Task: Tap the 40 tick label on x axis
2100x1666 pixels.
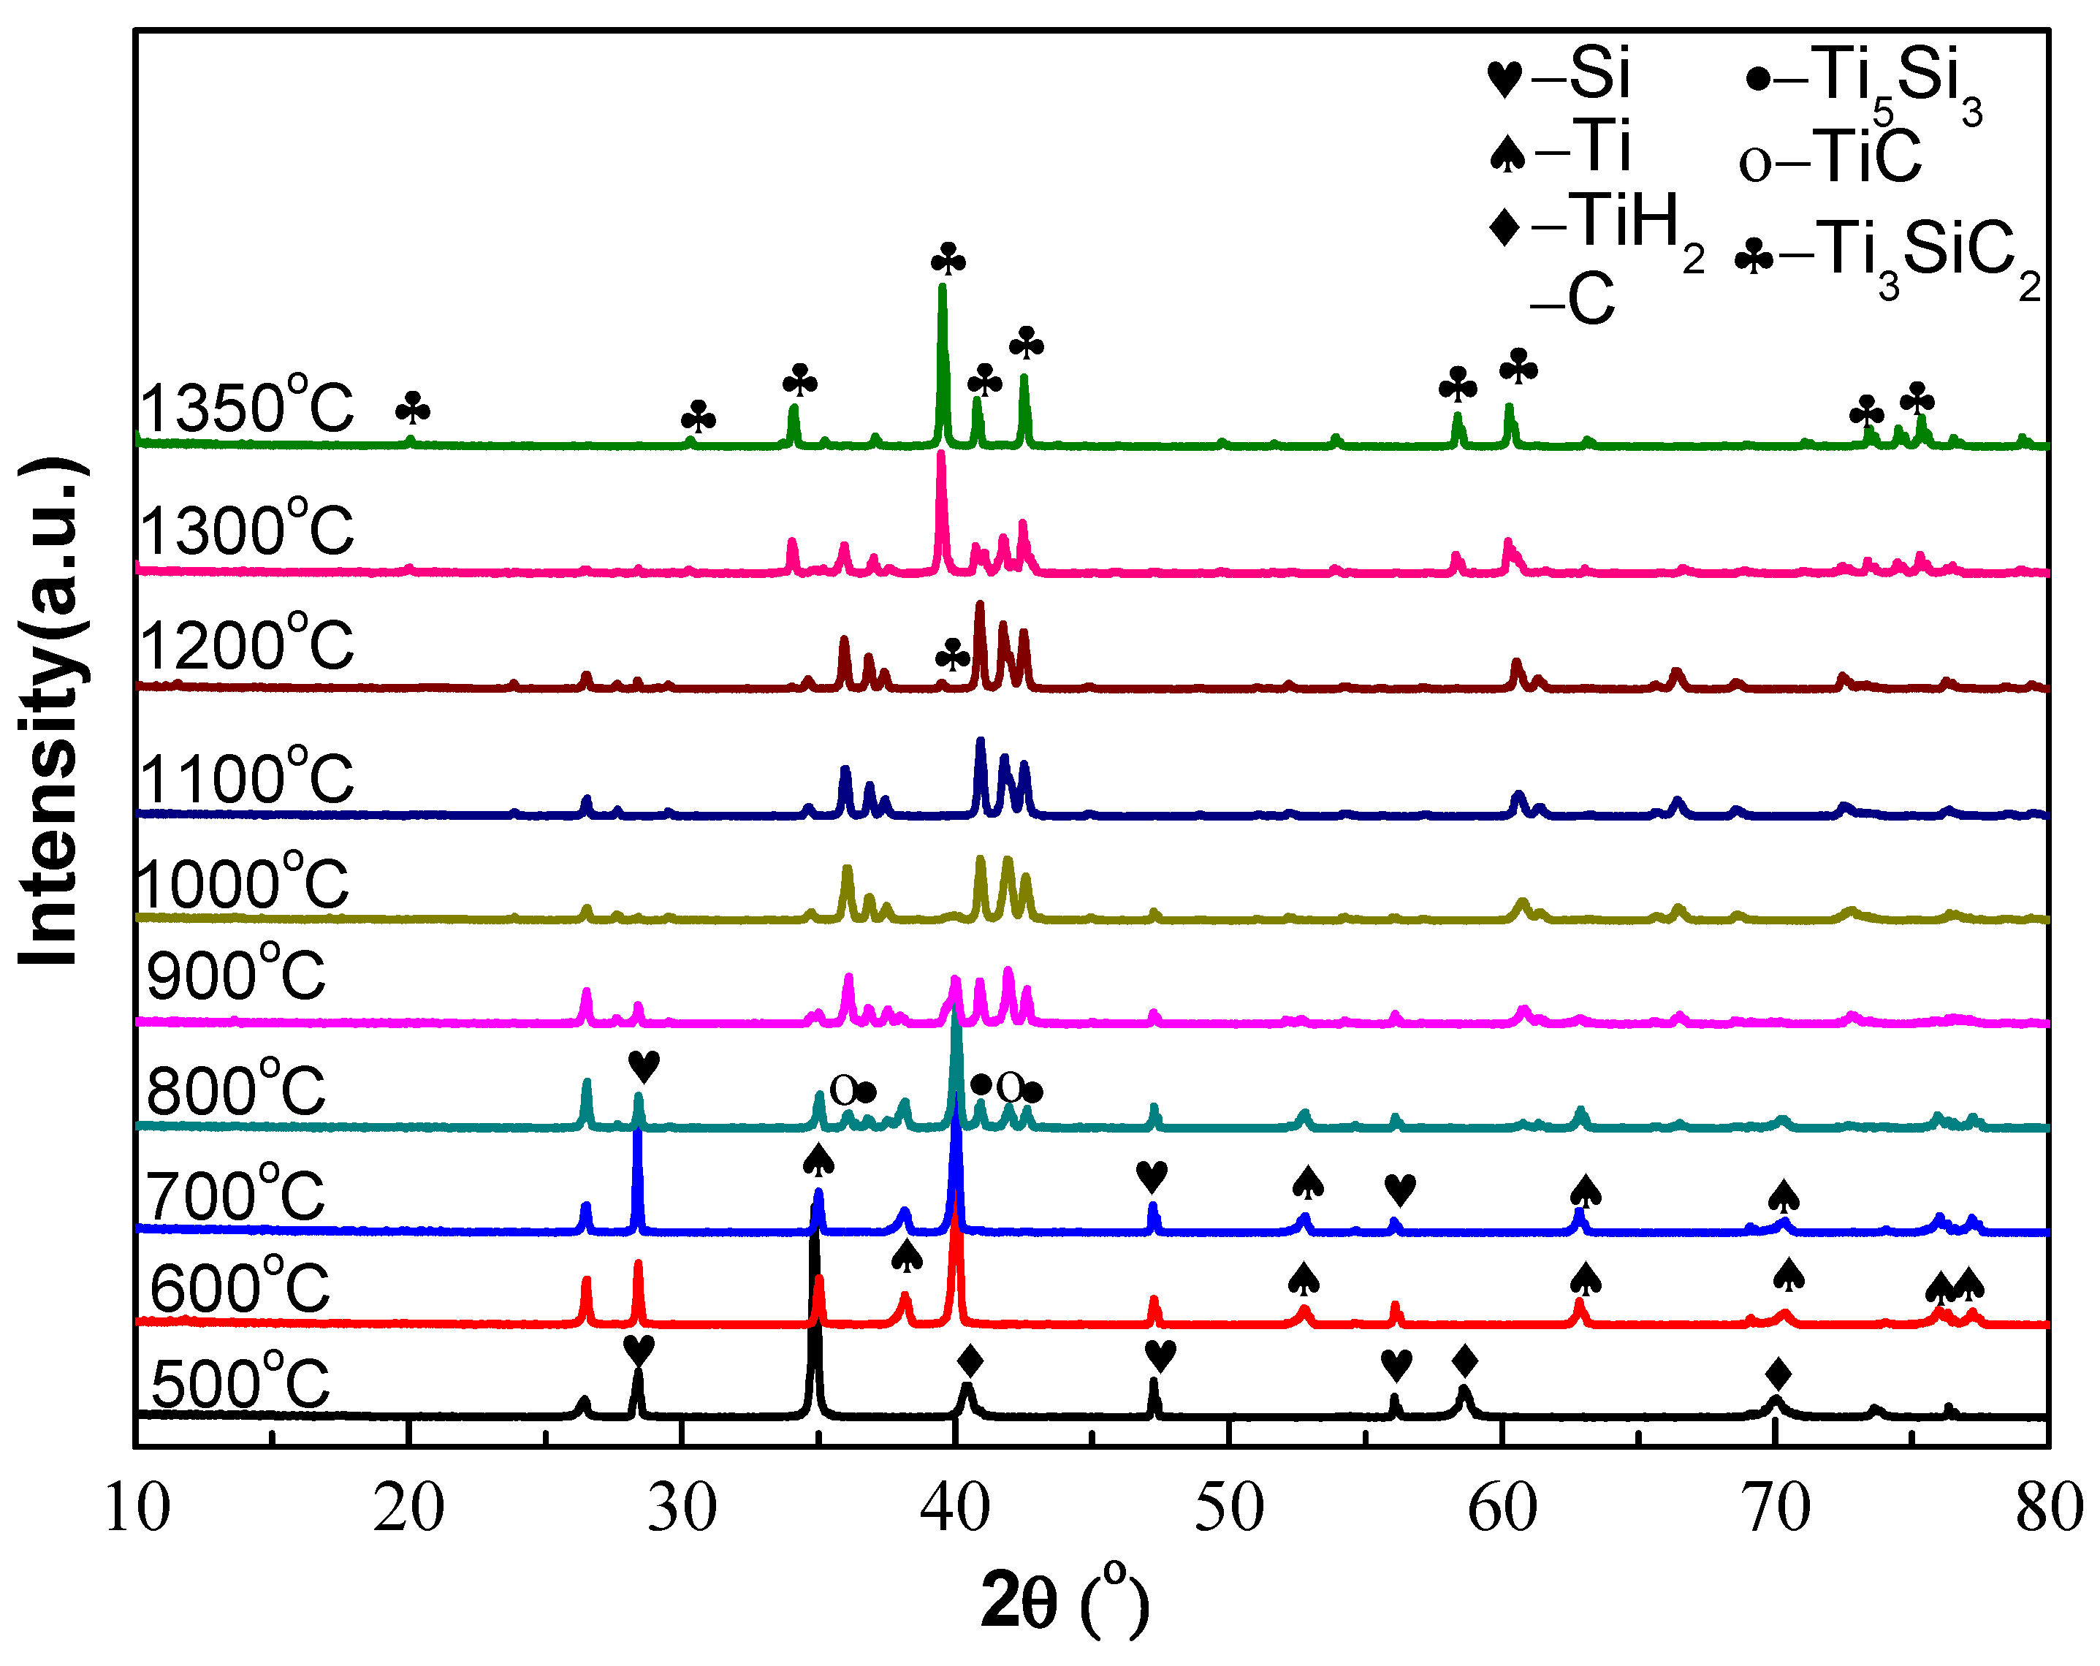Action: (956, 1508)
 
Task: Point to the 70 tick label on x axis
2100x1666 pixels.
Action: (1776, 1508)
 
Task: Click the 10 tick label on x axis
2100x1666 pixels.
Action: (137, 1508)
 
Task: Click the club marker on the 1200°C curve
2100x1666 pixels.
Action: (951, 655)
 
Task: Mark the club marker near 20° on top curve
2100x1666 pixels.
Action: (412, 410)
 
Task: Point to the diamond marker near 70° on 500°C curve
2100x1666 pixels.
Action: (1778, 1374)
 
